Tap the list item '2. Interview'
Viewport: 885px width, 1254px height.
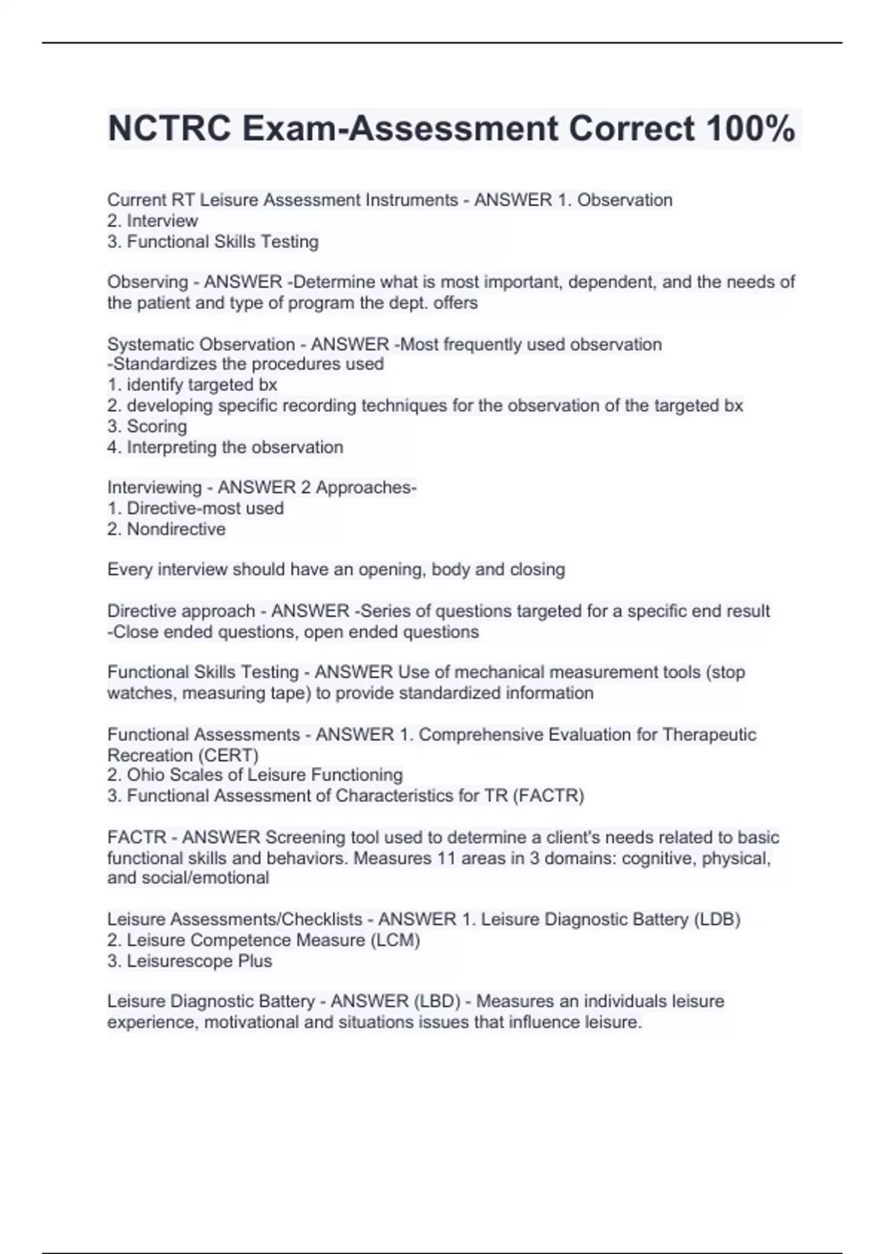click(x=153, y=221)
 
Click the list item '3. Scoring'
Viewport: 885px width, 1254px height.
click(x=147, y=426)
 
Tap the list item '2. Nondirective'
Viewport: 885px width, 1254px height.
click(x=167, y=529)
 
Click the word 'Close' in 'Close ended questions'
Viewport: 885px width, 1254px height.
click(x=136, y=632)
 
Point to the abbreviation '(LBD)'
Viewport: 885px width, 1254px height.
click(x=437, y=1002)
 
